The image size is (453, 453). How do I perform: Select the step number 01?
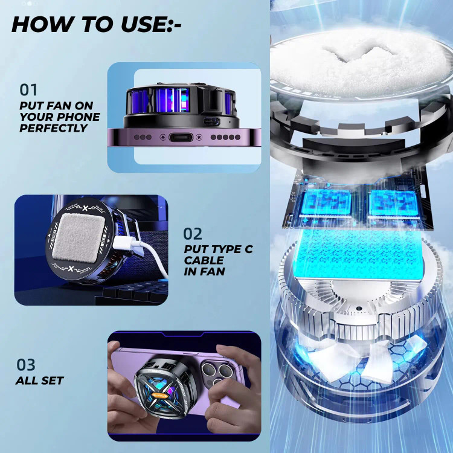28,90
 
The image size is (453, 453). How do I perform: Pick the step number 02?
193,234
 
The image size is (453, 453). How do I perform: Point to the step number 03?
26,365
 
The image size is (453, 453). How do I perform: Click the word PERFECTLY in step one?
53,128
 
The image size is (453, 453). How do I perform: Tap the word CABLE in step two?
204,260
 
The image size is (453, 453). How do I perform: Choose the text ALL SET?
40,381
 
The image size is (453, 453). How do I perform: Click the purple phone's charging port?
181,137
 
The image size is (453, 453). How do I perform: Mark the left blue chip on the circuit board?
326,203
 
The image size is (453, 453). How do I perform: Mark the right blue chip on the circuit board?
393,203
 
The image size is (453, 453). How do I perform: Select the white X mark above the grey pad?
85,208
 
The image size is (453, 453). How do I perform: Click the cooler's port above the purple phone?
212,121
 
